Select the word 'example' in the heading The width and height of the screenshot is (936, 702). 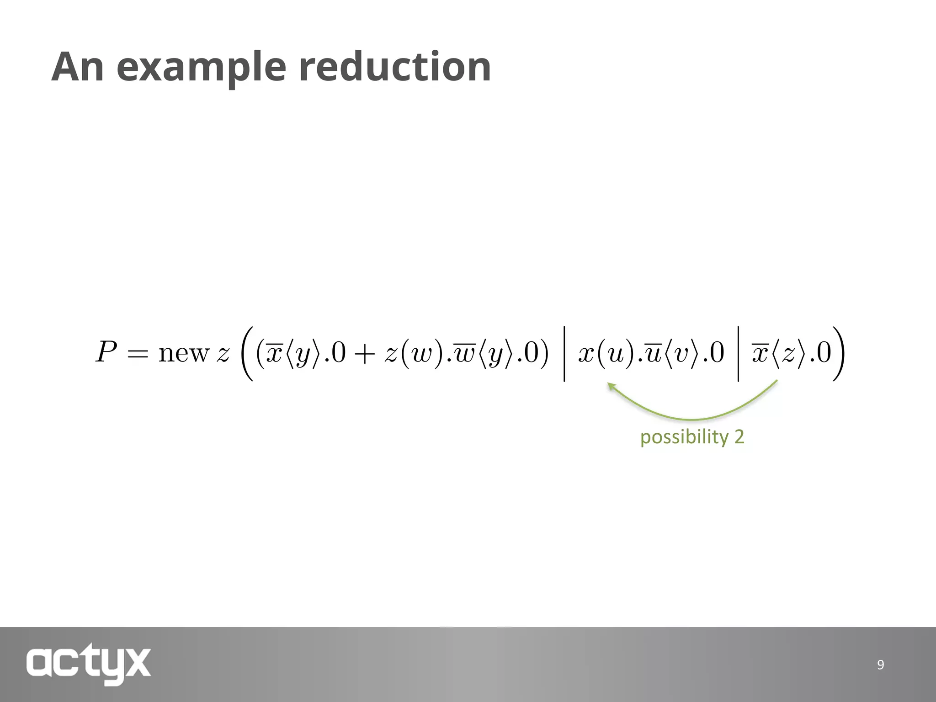(202, 68)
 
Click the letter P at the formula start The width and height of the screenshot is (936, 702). (106, 353)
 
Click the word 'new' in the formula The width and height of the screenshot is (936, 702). (183, 353)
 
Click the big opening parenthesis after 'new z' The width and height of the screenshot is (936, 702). (247, 353)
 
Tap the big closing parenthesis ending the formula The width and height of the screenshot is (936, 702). (838, 353)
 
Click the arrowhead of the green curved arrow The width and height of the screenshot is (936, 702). (611, 387)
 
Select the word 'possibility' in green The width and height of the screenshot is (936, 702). (684, 437)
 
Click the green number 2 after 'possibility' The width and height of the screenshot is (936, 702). (739, 436)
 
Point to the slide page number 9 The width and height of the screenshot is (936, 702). (880, 665)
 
